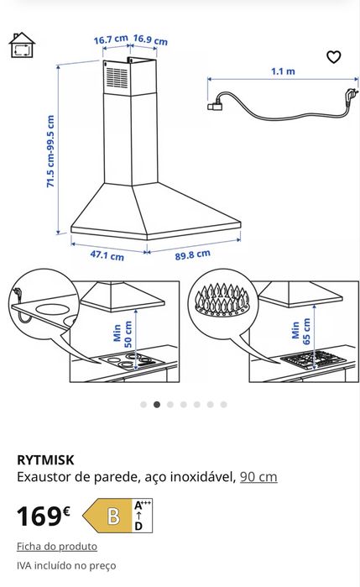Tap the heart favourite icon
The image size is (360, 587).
click(333, 57)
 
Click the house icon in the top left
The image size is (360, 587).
click(22, 45)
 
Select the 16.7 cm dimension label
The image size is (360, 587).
click(111, 39)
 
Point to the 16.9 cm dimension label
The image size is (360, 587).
click(150, 39)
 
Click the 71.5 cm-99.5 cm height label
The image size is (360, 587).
click(50, 151)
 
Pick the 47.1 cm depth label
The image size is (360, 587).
click(107, 255)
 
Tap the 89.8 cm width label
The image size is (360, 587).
click(192, 254)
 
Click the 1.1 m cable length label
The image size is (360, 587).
click(283, 71)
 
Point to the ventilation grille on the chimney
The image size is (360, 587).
click(117, 78)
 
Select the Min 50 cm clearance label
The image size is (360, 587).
click(123, 333)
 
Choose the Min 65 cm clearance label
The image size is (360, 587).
click(301, 331)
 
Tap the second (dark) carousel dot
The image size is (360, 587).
click(157, 404)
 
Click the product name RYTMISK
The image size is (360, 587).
click(45, 459)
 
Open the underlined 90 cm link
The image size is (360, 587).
click(258, 477)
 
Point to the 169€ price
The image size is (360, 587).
click(44, 516)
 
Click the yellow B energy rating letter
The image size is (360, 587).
click(114, 516)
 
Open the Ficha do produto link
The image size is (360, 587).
click(57, 547)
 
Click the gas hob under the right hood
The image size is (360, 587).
click(314, 359)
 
